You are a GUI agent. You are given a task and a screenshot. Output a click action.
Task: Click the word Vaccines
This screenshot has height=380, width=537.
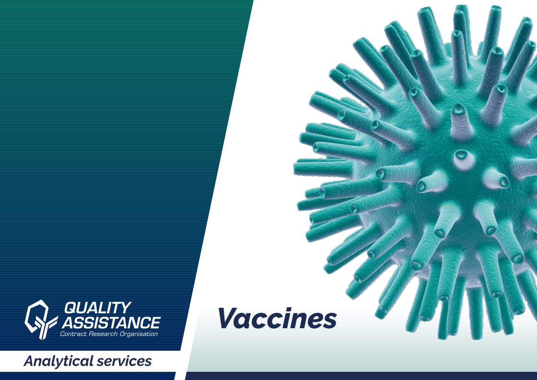point(277,318)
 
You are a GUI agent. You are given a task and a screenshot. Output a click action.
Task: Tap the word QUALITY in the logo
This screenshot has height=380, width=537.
point(98,308)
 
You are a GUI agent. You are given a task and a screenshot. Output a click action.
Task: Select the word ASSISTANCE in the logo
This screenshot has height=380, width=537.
point(111,322)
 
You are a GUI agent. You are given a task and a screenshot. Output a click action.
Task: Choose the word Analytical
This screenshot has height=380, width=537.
point(58,361)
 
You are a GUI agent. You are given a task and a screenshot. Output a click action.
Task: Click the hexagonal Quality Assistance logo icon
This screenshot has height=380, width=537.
point(41,320)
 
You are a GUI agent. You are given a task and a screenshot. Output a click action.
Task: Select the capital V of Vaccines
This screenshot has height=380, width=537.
point(229,318)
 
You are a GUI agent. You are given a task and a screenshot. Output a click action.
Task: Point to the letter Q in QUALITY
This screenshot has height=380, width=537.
point(71,308)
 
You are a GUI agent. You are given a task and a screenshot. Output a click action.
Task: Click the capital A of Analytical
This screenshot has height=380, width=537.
point(31,361)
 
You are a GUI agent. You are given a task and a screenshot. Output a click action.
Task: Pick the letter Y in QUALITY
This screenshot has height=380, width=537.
point(126,308)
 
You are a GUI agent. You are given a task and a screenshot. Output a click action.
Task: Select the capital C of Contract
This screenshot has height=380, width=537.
point(62,334)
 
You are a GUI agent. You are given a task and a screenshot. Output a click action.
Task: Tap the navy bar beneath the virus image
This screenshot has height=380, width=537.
point(361,376)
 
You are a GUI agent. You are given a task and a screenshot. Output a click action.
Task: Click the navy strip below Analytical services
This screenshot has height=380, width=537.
point(88,376)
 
